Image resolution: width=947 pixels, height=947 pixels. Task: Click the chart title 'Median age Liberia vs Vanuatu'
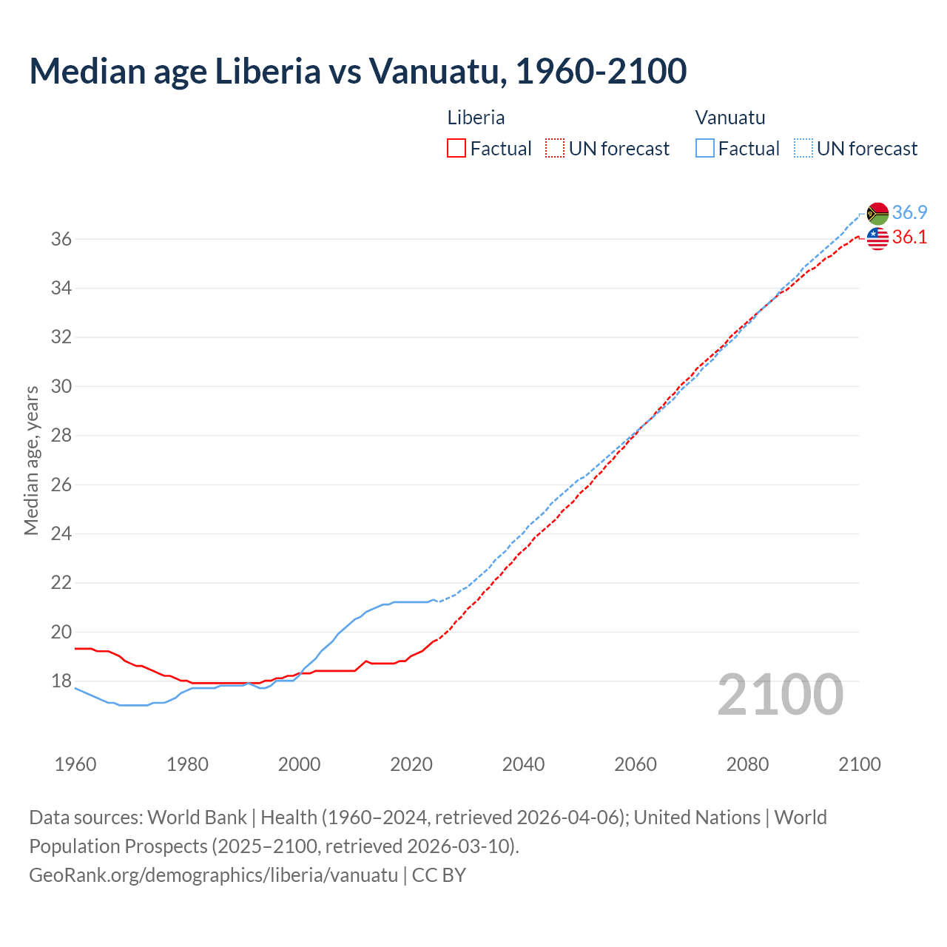pyautogui.click(x=357, y=71)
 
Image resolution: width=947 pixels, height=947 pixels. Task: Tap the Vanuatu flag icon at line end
pyautogui.click(x=877, y=213)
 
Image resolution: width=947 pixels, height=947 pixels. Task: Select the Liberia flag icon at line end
pyautogui.click(x=877, y=238)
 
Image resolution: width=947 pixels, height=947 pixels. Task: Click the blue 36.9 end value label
pyautogui.click(x=909, y=213)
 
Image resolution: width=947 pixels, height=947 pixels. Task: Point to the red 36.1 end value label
pyautogui.click(x=909, y=237)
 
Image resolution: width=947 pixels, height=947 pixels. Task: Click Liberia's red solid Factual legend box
pyautogui.click(x=456, y=149)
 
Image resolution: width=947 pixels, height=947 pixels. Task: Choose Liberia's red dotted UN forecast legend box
pyautogui.click(x=555, y=149)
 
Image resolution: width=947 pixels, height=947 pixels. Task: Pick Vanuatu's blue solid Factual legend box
pyautogui.click(x=705, y=149)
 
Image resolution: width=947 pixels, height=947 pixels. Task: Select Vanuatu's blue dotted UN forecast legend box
pyautogui.click(x=803, y=149)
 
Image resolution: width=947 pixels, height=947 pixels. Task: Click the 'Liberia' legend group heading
pyautogui.click(x=476, y=118)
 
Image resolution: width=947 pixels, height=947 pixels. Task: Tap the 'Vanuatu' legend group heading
pyautogui.click(x=730, y=118)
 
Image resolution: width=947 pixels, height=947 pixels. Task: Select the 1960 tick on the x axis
pyautogui.click(x=75, y=764)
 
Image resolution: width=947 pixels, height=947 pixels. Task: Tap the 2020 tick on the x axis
pyautogui.click(x=411, y=764)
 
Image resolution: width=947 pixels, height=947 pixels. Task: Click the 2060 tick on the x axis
pyautogui.click(x=636, y=764)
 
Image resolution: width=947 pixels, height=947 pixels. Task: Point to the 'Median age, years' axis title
pyautogui.click(x=31, y=460)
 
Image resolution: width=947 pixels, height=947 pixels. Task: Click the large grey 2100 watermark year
pyautogui.click(x=781, y=695)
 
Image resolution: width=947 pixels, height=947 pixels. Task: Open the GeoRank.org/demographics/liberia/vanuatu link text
pyautogui.click(x=213, y=875)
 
